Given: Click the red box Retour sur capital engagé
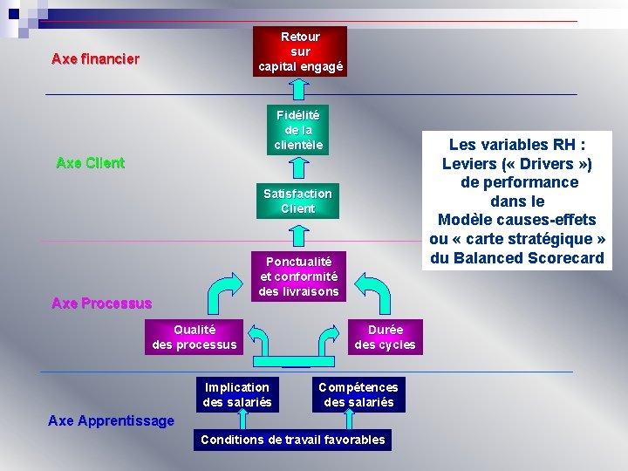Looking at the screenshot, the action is point(300,51).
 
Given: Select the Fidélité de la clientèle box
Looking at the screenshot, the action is point(298,130).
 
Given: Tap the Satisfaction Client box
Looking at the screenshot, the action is point(298,201).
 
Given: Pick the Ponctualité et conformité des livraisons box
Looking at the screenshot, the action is point(299,276).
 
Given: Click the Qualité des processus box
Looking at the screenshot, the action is point(195,337).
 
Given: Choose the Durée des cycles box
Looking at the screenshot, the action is point(386,337).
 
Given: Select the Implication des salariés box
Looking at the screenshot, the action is point(237,394).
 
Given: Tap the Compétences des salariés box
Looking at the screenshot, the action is point(358,394).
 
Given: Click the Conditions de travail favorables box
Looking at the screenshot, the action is point(293,440).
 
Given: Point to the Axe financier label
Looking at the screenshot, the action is point(96,59).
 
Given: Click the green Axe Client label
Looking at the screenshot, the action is point(91,163).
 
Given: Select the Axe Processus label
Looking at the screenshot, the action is point(102,303).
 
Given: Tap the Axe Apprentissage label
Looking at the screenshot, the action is point(111,421).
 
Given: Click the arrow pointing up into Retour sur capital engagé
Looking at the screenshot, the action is point(299,89).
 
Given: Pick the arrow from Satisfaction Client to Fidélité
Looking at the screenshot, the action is point(299,167).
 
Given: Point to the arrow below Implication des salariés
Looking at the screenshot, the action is point(242,420).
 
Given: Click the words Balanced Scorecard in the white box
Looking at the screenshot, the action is point(529,257).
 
